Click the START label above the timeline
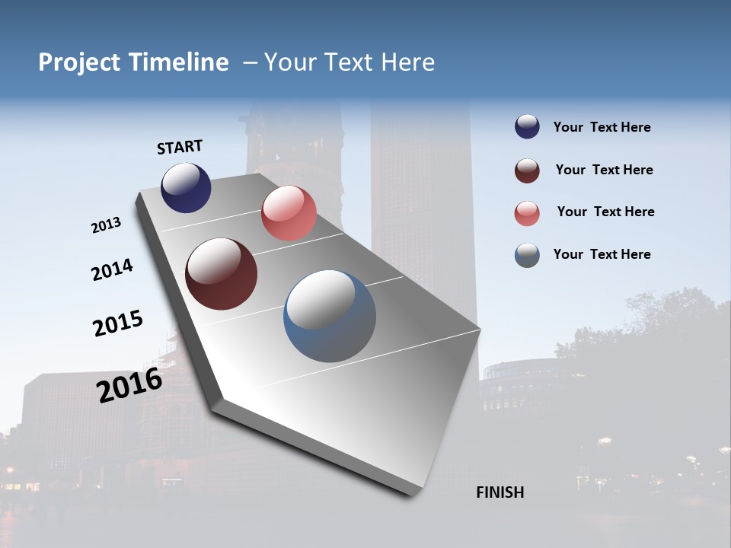click(180, 147)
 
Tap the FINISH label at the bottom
click(500, 492)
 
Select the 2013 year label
click(106, 225)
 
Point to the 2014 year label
click(112, 270)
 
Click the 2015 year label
click(118, 323)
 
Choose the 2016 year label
click(129, 384)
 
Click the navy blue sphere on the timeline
click(186, 187)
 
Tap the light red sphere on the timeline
click(289, 213)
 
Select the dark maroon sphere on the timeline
click(221, 274)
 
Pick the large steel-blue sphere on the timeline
click(330, 316)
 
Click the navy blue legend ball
click(527, 127)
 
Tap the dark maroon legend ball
click(527, 170)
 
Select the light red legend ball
click(527, 213)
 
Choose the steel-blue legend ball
click(527, 255)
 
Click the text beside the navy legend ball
click(602, 127)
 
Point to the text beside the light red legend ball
click(605, 212)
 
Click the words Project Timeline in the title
click(133, 62)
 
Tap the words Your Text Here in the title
click(349, 62)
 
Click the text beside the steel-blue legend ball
click(602, 254)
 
